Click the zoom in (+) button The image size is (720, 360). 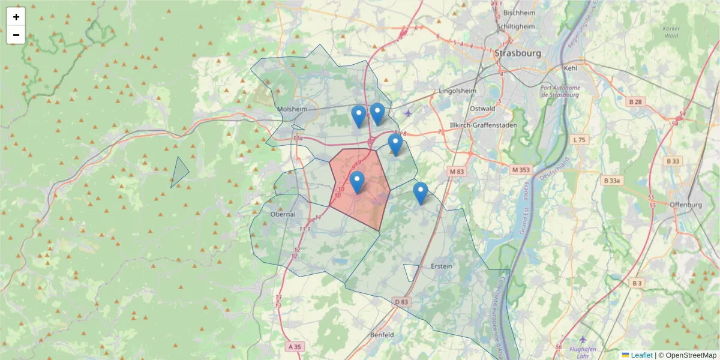tap(16, 17)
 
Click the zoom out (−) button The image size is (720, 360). tap(16, 35)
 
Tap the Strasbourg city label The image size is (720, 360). tap(518, 53)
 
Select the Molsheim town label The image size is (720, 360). tap(292, 109)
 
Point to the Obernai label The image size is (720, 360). tap(283, 214)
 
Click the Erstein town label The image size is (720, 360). tap(442, 266)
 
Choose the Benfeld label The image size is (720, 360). tap(382, 334)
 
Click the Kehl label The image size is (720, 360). tap(571, 68)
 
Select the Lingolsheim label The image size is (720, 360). tap(458, 91)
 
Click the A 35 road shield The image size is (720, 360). tap(295, 347)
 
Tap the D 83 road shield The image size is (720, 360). tap(401, 301)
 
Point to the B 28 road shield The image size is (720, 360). tap(635, 101)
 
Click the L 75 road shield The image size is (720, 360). tap(579, 139)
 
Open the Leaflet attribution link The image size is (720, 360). tap(641, 355)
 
